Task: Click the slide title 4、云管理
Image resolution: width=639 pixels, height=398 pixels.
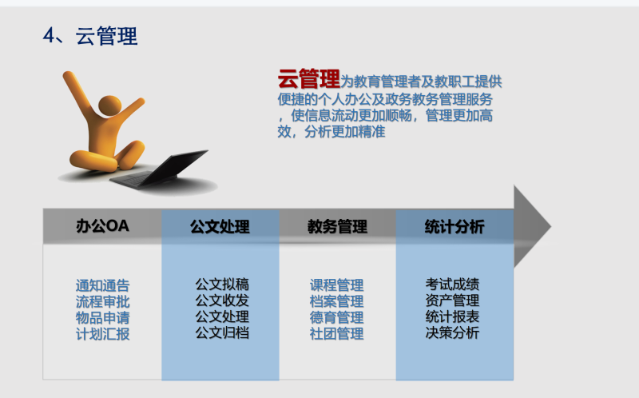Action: click(x=90, y=36)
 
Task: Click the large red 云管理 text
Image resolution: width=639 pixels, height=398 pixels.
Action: click(x=309, y=78)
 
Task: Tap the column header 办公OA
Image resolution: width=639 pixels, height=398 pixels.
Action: click(x=102, y=226)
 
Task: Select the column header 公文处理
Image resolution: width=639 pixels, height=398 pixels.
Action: click(x=220, y=227)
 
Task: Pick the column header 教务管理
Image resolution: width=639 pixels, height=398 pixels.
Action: click(x=337, y=227)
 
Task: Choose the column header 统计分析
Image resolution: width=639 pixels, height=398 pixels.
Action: click(x=454, y=227)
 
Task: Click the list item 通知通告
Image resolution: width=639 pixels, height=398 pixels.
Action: click(x=103, y=285)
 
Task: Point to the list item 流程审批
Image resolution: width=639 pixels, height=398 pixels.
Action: click(x=103, y=302)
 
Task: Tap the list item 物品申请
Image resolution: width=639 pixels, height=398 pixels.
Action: click(x=103, y=317)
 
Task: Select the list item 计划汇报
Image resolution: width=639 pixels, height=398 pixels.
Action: click(x=103, y=334)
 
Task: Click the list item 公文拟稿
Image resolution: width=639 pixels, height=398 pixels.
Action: click(x=222, y=285)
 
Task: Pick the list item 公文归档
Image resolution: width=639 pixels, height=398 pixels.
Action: click(x=222, y=332)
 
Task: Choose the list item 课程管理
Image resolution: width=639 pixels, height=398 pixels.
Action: click(x=336, y=285)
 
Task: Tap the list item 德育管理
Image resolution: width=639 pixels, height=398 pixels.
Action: click(x=336, y=317)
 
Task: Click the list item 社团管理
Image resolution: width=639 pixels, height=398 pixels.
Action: click(x=336, y=333)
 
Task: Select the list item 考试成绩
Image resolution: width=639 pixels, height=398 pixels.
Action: click(x=452, y=285)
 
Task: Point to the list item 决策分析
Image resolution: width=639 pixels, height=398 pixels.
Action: click(x=452, y=332)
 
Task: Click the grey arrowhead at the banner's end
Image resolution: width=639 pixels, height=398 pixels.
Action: click(x=530, y=226)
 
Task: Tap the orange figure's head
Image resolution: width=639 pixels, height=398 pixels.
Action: click(x=110, y=108)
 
